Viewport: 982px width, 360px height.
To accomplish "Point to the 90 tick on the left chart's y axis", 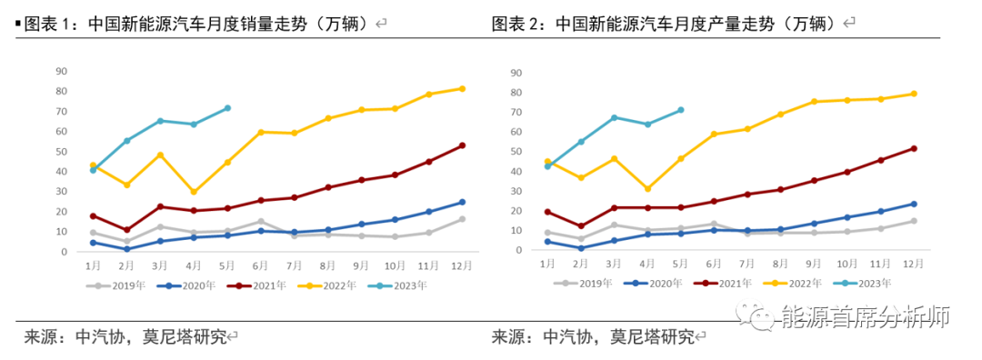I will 62,71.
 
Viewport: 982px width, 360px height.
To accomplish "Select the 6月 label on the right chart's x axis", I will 714,263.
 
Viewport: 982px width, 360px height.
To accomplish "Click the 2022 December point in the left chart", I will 462,88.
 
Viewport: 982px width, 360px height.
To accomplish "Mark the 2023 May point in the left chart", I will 227,108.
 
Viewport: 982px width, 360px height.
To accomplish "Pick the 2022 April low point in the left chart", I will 194,192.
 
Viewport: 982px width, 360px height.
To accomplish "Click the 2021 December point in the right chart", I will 914,148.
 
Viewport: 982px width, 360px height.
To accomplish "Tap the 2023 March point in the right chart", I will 614,117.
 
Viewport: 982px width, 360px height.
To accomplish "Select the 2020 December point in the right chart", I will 914,204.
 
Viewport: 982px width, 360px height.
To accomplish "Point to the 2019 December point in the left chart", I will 462,219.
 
